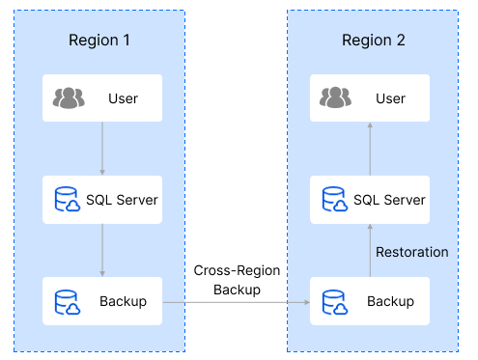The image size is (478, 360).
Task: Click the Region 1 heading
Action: point(99,41)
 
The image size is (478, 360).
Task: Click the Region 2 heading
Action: point(374,41)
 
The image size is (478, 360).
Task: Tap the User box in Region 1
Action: point(101,98)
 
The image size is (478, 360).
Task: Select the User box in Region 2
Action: point(369,98)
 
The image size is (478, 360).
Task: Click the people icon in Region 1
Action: point(69,98)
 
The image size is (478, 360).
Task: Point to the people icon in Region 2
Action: point(335,98)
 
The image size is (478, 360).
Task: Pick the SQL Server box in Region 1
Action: point(101,200)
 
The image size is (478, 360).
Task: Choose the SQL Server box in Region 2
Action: point(369,200)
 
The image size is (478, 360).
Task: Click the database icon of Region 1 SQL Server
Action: point(68,200)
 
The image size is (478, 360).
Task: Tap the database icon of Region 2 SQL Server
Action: point(335,200)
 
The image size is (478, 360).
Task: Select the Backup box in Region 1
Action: point(101,301)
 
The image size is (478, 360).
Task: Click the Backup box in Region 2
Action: point(369,301)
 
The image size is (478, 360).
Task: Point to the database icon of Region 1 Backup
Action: point(68,301)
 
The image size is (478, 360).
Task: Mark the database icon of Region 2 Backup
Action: point(335,301)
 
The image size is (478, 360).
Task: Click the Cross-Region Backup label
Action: point(237,281)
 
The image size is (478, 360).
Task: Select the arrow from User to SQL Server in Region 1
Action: point(102,149)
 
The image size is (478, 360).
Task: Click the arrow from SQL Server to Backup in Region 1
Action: point(102,250)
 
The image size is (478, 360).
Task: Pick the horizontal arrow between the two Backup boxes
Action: point(236,302)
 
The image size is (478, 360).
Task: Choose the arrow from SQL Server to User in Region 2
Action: point(369,149)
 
